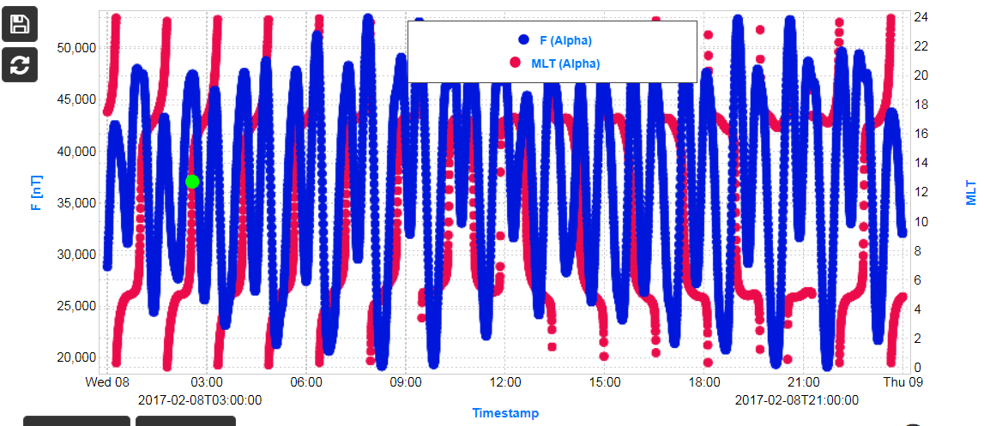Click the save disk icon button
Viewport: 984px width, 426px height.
coord(19,24)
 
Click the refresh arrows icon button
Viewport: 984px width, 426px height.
coord(19,64)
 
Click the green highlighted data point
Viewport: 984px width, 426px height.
coord(192,181)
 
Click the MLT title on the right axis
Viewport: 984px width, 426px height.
coord(970,193)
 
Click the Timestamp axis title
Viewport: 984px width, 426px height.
coord(505,413)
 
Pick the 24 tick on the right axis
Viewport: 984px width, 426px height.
coord(917,16)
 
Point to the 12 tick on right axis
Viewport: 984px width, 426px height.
coord(917,192)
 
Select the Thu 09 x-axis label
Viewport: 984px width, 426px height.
coord(903,382)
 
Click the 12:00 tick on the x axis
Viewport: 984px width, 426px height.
coord(505,382)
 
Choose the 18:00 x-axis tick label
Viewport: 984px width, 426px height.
coord(704,382)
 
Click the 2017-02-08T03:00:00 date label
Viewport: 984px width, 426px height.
coord(199,399)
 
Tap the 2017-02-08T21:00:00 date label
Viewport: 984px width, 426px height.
coord(796,399)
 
